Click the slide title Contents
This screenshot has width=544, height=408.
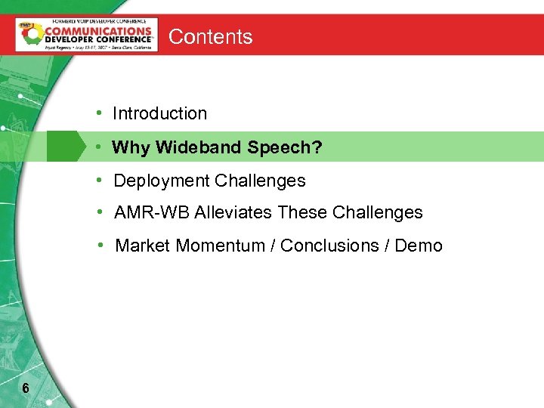[210, 36]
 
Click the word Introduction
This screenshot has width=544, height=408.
[159, 114]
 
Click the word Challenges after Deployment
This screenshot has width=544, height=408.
[260, 181]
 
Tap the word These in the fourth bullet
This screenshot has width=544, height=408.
[299, 213]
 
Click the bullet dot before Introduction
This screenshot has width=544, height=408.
[99, 113]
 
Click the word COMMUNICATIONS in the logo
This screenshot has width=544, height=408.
[98, 32]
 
